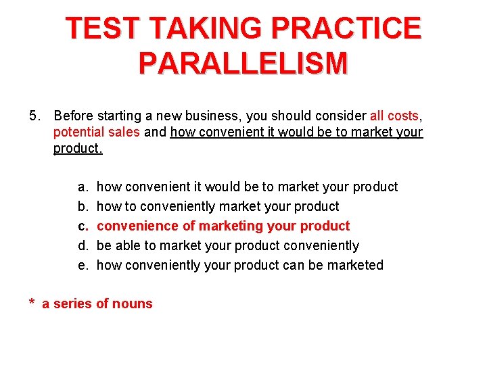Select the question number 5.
coord(35,116)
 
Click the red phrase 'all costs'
coord(394,116)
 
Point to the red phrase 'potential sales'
coord(97,132)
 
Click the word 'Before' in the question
coord(74,116)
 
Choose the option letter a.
coord(81,187)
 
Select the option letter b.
coord(81,206)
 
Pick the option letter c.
coord(81,226)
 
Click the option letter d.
coord(81,245)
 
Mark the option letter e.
coord(81,265)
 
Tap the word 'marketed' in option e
coord(355,265)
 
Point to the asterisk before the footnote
coord(32,303)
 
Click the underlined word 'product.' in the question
coord(78,149)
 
